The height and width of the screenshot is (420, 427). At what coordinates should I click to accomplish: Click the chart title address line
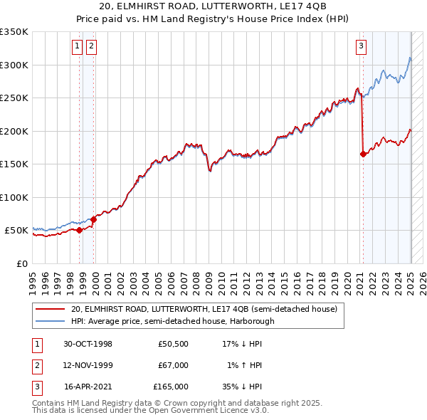213,7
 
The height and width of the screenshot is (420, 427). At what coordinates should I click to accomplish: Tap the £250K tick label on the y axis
14,98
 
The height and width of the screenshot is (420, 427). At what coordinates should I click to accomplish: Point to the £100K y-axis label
14,197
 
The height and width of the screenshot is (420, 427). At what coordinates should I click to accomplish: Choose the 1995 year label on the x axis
33,278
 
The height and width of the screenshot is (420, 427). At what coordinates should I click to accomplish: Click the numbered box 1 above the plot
78,46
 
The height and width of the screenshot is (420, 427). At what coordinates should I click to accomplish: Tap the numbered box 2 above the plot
92,46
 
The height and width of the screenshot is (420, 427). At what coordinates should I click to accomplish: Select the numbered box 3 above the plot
362,46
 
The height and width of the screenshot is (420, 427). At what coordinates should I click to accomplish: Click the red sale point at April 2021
363,153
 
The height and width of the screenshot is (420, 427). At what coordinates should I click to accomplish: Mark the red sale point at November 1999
93,219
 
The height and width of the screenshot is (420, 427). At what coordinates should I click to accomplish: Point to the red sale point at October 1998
80,230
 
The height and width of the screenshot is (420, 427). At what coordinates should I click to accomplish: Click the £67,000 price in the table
174,365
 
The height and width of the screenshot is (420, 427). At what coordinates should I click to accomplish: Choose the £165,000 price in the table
171,387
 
